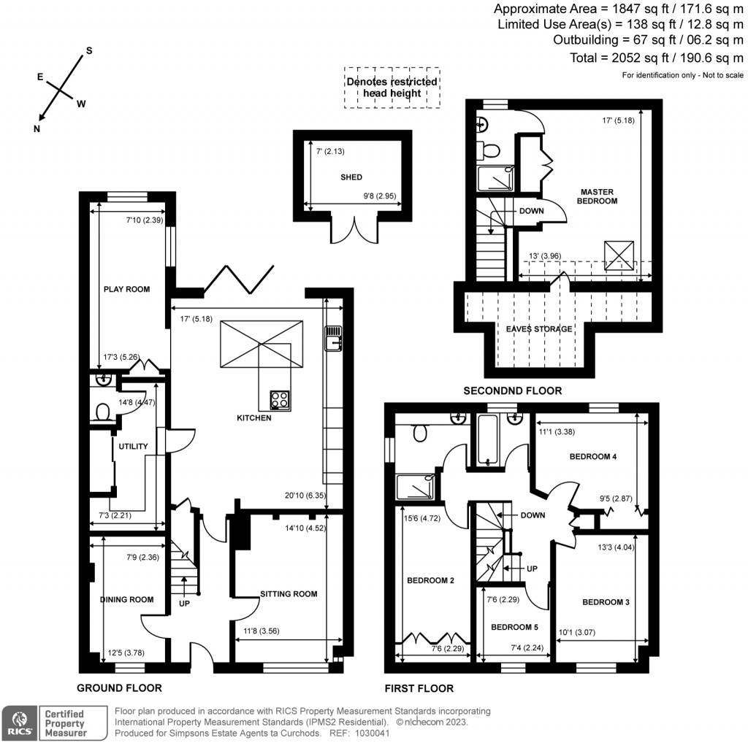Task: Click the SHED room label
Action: point(351,177)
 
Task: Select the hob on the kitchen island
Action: point(280,399)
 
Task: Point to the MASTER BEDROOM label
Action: point(598,196)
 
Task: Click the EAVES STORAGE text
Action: point(540,329)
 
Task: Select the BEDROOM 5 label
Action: point(514,627)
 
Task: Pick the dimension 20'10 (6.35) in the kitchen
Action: point(307,495)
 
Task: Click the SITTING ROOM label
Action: point(289,594)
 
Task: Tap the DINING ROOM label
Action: point(126,600)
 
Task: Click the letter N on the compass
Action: point(37,128)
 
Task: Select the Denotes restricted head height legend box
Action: point(392,88)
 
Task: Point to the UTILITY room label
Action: point(129,446)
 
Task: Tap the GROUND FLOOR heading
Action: point(120,688)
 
